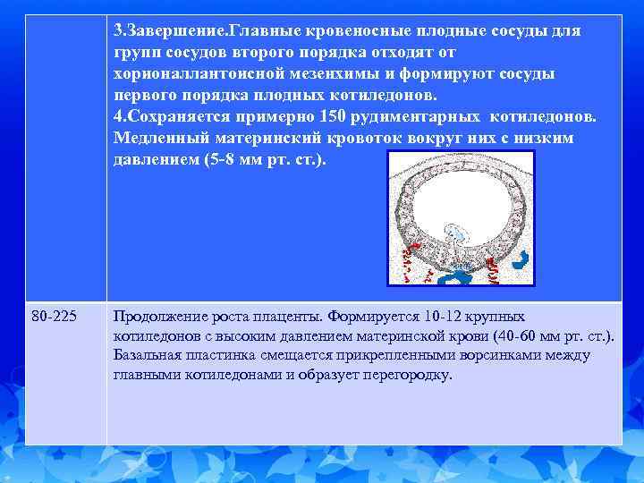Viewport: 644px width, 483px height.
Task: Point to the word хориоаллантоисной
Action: point(189,74)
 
